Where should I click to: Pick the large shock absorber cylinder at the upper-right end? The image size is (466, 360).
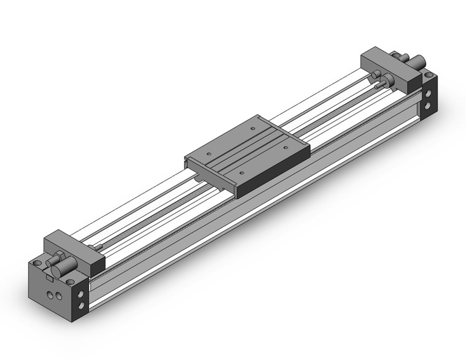[x=419, y=61]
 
